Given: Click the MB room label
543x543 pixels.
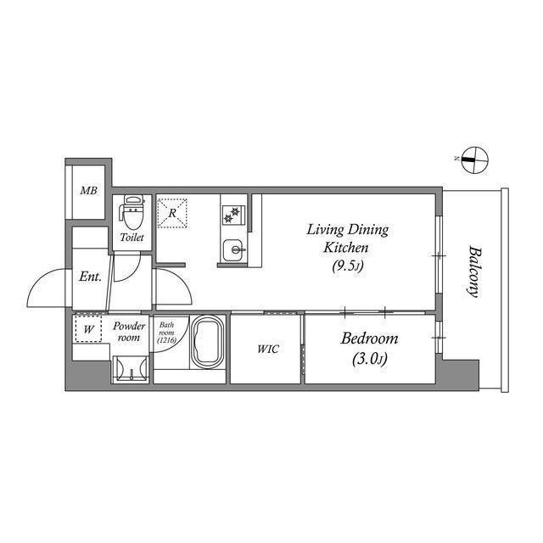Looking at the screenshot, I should point(88,190).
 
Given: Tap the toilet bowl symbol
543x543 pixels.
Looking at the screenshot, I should point(131,210).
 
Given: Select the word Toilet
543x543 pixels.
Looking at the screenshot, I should point(132,238).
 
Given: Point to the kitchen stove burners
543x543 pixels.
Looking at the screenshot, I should point(230,216).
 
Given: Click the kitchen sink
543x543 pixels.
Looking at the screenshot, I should point(232,249).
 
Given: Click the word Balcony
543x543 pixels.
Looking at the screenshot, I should point(474,271).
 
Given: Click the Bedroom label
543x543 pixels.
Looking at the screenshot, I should point(370,339).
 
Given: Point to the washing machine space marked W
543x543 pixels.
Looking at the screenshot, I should point(87,328).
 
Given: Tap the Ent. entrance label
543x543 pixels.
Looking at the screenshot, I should point(91,277).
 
